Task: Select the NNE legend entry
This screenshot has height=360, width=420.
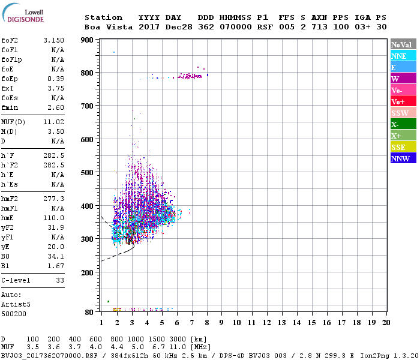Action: tap(398, 56)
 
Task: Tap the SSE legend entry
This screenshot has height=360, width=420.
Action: tap(398, 147)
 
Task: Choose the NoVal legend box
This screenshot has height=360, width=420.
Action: tap(401, 44)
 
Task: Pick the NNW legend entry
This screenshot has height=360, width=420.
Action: tap(400, 158)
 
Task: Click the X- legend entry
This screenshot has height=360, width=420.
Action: tap(395, 124)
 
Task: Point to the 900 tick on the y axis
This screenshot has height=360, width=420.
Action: tap(86, 40)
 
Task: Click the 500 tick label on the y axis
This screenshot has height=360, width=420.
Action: tap(86, 173)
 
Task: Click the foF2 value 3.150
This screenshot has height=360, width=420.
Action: tap(53, 40)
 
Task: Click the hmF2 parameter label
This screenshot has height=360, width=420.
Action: tap(11, 198)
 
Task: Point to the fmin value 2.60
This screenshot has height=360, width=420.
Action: tap(55, 107)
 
